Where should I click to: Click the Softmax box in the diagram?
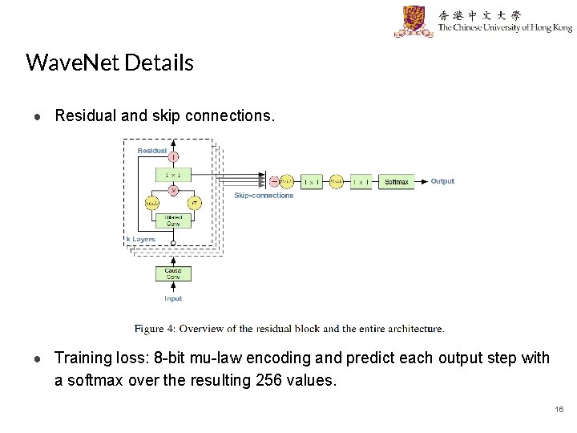pyautogui.click(x=397, y=182)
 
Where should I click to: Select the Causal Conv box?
pyautogui.click(x=173, y=273)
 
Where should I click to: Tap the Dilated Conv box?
pyautogui.click(x=173, y=221)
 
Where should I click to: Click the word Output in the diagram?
pyautogui.click(x=442, y=181)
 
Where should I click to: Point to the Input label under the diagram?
pyautogui.click(x=173, y=299)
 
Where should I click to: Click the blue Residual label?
pyautogui.click(x=152, y=151)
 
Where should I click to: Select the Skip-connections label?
pyautogui.click(x=264, y=196)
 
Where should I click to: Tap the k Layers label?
pyautogui.click(x=141, y=239)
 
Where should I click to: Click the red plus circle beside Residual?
pyautogui.click(x=173, y=156)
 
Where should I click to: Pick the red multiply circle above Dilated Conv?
pyautogui.click(x=173, y=190)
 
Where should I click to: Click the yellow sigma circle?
pyautogui.click(x=194, y=203)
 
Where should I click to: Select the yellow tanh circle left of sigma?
pyautogui.click(x=152, y=203)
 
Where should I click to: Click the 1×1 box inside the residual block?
pyautogui.click(x=173, y=173)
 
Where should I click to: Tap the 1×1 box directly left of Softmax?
pyautogui.click(x=361, y=182)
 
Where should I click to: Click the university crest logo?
pyautogui.click(x=414, y=21)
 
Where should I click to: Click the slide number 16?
pyautogui.click(x=559, y=410)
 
